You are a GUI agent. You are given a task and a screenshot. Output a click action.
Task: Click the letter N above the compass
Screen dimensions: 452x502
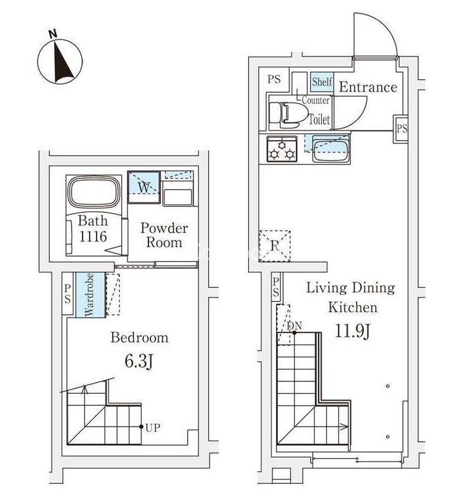point(52,34)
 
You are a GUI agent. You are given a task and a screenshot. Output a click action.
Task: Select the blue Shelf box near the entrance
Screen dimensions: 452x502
point(322,82)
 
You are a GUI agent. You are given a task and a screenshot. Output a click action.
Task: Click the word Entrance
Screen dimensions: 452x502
point(368,87)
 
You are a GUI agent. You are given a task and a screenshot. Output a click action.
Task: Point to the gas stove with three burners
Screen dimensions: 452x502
point(282,150)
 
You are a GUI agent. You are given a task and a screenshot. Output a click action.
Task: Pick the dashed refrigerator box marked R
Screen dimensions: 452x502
point(275,246)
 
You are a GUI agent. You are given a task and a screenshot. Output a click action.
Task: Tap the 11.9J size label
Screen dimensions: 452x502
point(353,331)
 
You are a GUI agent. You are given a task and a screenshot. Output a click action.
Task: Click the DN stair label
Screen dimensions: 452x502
point(294,326)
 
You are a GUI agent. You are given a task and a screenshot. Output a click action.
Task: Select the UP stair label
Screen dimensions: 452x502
point(153,428)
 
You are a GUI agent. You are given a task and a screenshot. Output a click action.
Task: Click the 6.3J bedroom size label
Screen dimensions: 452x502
point(139,361)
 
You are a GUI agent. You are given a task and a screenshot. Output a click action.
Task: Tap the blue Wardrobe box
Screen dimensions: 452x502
point(90,295)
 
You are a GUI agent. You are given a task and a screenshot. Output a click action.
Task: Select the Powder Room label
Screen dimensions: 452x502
point(164,235)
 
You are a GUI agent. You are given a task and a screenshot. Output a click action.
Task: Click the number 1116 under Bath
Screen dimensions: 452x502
point(93,237)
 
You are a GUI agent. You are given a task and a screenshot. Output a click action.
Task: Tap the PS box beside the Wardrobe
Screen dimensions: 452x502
point(68,294)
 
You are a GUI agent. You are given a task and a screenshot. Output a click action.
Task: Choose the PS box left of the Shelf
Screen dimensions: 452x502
point(274,79)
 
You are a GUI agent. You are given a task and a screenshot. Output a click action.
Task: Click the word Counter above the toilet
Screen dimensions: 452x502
point(315,100)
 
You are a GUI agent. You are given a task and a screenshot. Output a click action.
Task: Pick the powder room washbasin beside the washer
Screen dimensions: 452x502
point(177,197)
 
